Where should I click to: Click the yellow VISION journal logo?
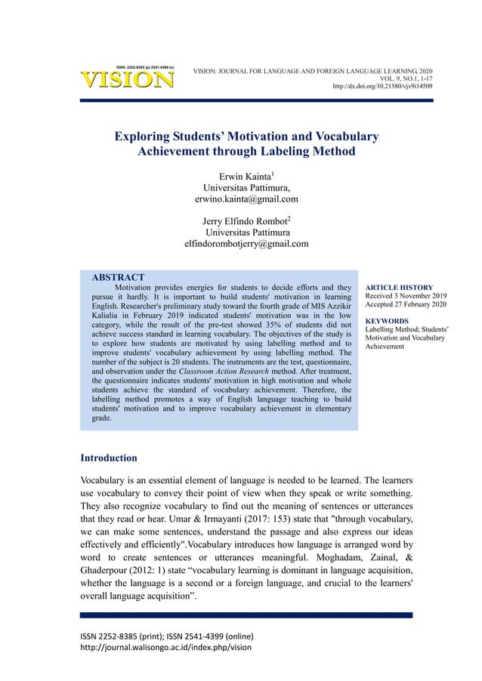click(x=126, y=79)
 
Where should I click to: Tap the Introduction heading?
click(x=109, y=458)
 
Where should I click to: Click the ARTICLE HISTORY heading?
click(x=399, y=288)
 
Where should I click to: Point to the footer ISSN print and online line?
click(x=166, y=635)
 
